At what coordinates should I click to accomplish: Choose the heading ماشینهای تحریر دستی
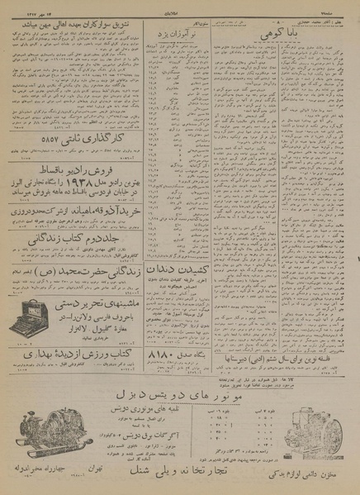[x=92, y=303]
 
